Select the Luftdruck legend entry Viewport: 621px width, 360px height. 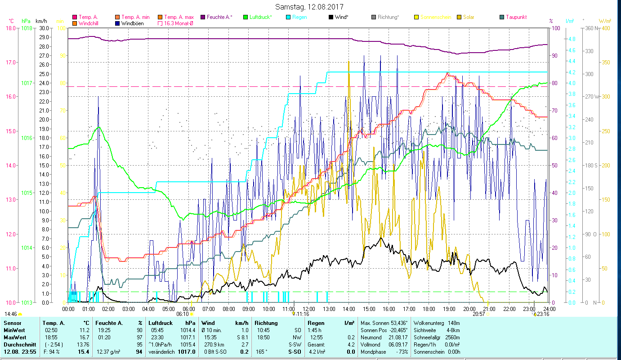(x=260, y=17)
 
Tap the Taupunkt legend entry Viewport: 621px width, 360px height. (x=516, y=17)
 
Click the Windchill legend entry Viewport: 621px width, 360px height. (x=89, y=23)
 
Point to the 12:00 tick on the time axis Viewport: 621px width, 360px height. (x=309, y=309)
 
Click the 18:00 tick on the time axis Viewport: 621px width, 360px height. (x=429, y=309)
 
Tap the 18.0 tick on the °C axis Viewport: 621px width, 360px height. (x=10, y=28)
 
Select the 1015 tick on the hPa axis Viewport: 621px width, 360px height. (x=27, y=193)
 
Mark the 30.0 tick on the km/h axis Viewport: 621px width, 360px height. (x=44, y=28)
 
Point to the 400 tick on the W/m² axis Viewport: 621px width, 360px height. (x=605, y=28)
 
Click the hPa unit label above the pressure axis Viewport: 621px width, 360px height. (x=26, y=21)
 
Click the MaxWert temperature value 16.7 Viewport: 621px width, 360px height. (x=83, y=337)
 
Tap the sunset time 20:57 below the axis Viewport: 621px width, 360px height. (x=478, y=314)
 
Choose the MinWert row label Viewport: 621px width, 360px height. (x=14, y=330)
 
